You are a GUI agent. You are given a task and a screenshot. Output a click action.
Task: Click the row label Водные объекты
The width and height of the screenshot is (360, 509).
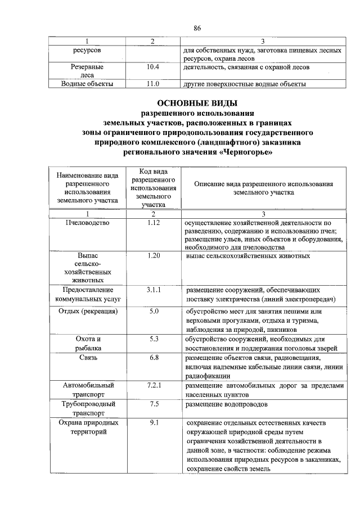[x=87, y=84]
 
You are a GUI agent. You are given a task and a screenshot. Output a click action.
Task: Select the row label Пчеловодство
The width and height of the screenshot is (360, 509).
[x=87, y=222]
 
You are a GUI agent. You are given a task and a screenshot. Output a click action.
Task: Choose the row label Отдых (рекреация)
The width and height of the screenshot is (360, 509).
[x=87, y=311]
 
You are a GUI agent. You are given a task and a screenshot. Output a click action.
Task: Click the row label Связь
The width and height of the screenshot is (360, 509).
[x=87, y=357]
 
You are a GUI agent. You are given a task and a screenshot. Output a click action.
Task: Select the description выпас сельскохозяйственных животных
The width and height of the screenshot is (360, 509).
[x=247, y=256]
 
